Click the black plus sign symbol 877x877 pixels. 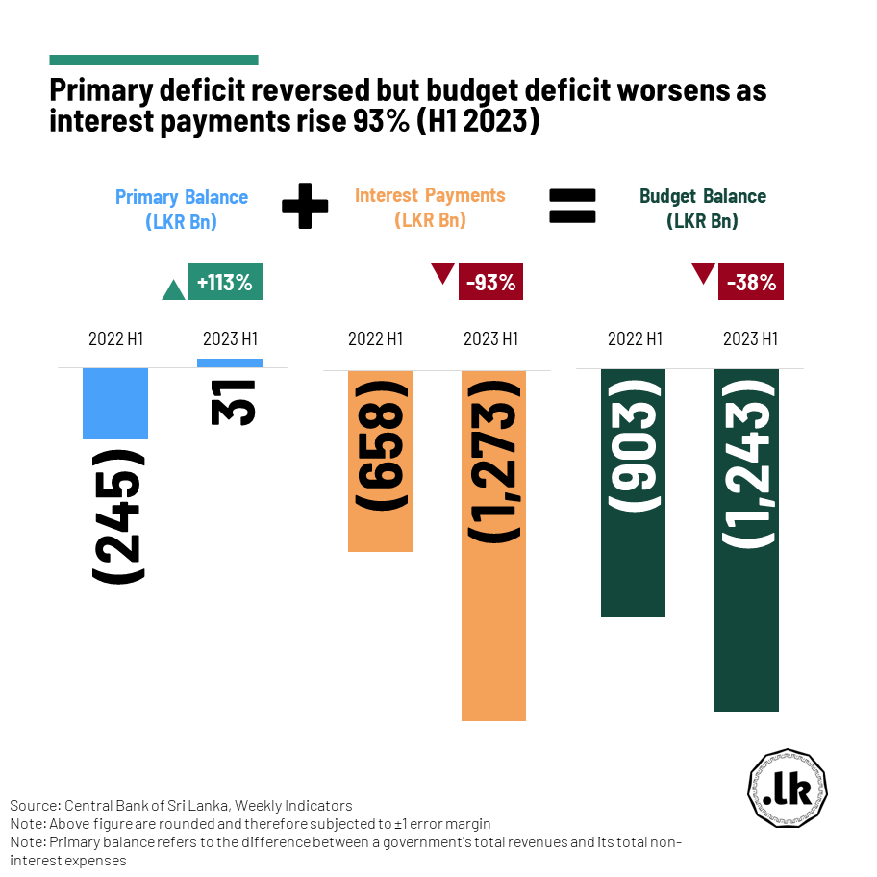305,207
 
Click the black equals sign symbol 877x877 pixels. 572,207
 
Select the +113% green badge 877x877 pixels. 225,283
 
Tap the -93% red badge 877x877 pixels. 491,283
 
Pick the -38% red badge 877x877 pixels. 751,283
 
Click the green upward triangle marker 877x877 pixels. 173,289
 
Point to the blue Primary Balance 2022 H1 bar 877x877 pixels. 115,404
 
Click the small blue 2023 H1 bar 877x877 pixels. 229,363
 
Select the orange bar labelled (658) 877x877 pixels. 380,461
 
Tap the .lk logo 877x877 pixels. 788,789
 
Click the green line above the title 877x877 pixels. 154,60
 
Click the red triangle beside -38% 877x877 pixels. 704,274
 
